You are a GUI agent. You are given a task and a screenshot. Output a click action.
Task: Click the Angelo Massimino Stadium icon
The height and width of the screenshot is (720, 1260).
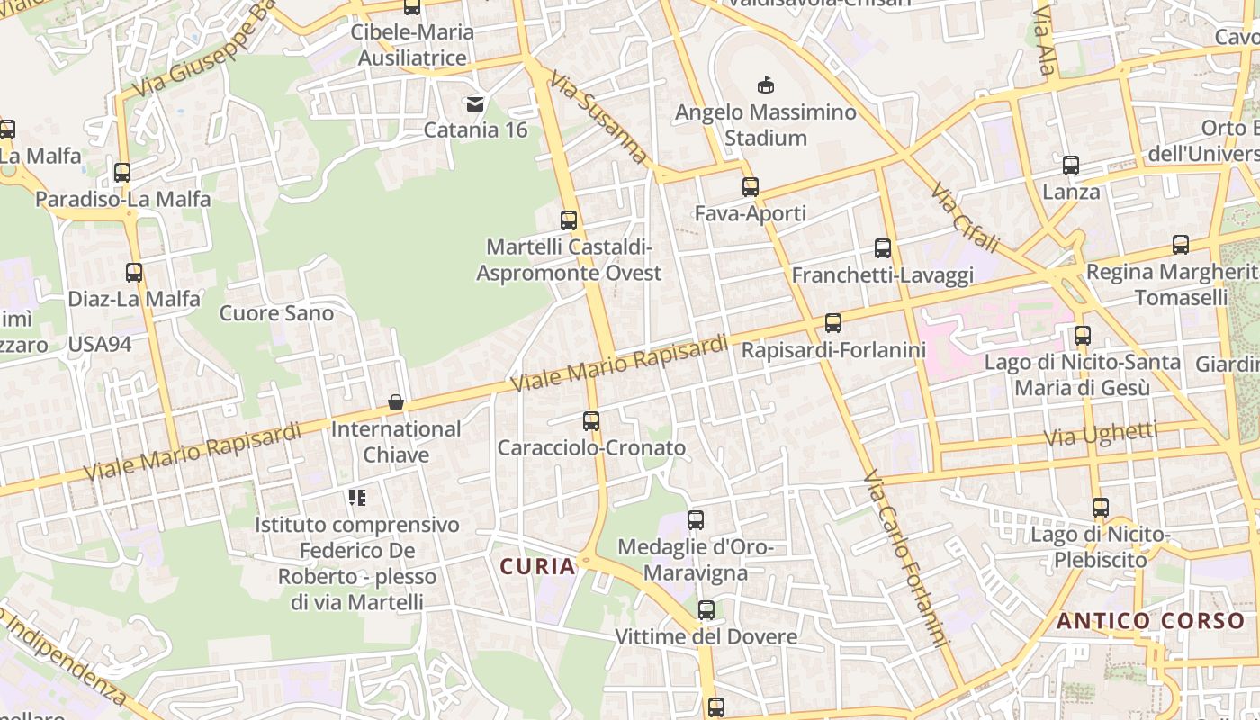(765, 85)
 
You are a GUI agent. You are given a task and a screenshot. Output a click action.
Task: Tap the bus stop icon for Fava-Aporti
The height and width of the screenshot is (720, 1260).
(751, 187)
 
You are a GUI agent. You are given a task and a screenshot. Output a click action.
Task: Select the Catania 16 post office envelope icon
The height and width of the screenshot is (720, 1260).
(475, 104)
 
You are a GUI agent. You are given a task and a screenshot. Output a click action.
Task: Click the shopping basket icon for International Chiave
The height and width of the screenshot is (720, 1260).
(395, 402)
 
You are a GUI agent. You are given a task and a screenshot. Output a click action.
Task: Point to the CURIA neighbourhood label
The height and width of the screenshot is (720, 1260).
(537, 566)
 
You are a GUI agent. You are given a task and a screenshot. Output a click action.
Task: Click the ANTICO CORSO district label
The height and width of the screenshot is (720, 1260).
(1150, 620)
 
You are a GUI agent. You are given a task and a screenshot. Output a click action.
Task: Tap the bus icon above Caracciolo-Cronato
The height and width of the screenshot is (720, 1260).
(591, 421)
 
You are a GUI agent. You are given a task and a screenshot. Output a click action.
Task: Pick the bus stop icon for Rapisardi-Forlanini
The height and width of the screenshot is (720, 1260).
(833, 323)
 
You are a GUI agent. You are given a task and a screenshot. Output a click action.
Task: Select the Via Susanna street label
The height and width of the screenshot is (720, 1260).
(599, 118)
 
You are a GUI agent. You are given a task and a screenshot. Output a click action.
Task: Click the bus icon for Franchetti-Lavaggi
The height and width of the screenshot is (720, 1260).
(883, 248)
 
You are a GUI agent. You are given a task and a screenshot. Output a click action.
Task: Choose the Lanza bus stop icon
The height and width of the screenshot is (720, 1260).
(1071, 166)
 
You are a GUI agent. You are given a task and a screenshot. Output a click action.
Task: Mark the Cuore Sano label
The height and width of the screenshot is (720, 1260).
(276, 313)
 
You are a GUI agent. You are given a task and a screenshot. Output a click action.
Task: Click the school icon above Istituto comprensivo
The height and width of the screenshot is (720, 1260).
(357, 498)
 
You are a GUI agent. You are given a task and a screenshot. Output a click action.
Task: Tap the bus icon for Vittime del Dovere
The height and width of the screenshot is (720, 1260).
(706, 610)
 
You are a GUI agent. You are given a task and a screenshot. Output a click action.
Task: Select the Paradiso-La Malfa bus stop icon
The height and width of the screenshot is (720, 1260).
(122, 173)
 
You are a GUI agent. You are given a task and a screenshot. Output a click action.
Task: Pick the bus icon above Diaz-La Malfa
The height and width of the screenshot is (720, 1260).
(134, 272)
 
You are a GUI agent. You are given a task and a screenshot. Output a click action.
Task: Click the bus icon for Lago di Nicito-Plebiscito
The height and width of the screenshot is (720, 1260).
(1101, 508)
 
